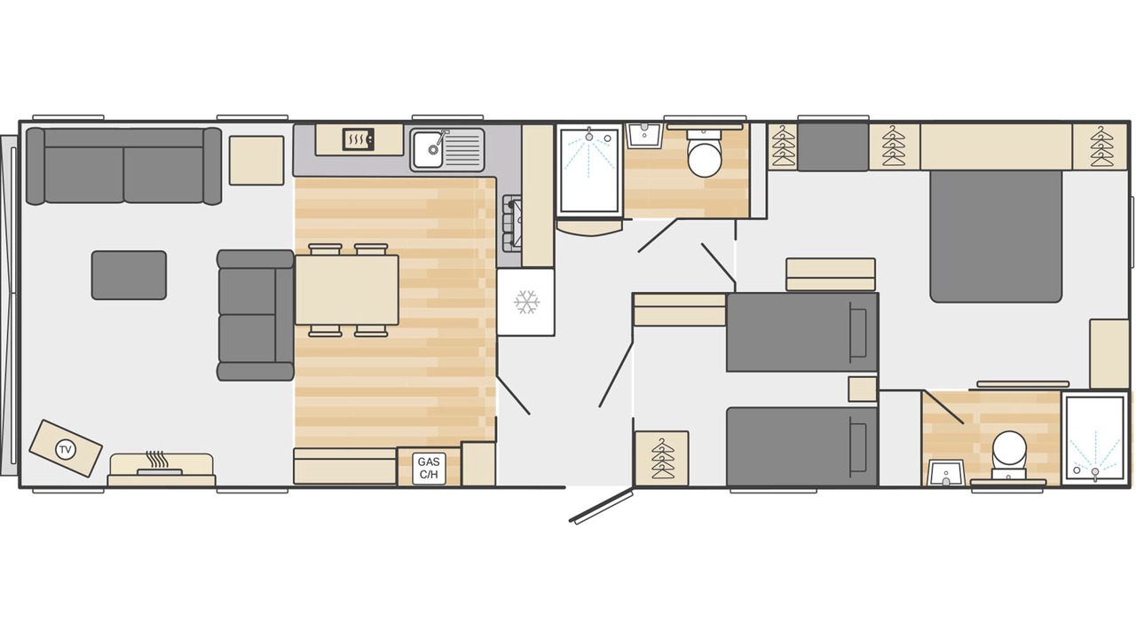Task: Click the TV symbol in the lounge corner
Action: pyautogui.click(x=65, y=449)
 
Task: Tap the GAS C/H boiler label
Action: pyautogui.click(x=429, y=469)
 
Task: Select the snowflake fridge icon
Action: pyautogui.click(x=526, y=303)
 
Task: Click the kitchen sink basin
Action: pyautogui.click(x=427, y=149)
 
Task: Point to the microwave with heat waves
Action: pyautogui.click(x=359, y=139)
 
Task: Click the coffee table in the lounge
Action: pyautogui.click(x=129, y=275)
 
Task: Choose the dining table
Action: pyautogui.click(x=347, y=290)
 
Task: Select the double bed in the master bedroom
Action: pyautogui.click(x=996, y=236)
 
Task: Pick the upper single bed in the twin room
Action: pyautogui.click(x=801, y=332)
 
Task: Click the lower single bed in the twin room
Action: pyautogui.click(x=801, y=446)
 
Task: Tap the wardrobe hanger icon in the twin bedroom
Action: pyautogui.click(x=662, y=459)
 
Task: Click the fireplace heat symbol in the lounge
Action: pyautogui.click(x=156, y=459)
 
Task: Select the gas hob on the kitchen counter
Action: pyautogui.click(x=512, y=224)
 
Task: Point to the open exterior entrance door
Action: pyautogui.click(x=602, y=505)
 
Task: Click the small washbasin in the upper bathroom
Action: pyautogui.click(x=644, y=136)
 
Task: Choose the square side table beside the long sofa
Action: pyautogui.click(x=256, y=161)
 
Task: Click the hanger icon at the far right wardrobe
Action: pyautogui.click(x=1101, y=146)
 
